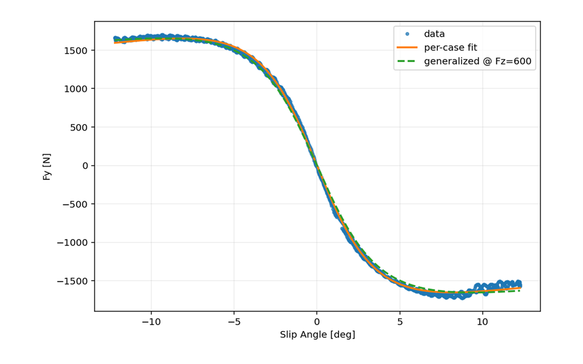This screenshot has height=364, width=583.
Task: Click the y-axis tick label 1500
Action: pyautogui.click(x=76, y=51)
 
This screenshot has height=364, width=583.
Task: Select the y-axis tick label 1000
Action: pyautogui.click(x=76, y=89)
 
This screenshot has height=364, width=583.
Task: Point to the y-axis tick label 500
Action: pyautogui.click(x=79, y=127)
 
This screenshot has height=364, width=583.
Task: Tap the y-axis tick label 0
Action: pyautogui.click(x=85, y=166)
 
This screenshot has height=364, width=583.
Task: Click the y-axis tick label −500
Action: pyautogui.click(x=75, y=204)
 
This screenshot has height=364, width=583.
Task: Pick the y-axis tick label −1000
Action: pyautogui.click(x=73, y=243)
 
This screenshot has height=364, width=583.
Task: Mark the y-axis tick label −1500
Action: pyautogui.click(x=73, y=281)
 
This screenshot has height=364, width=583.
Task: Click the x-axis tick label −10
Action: pyautogui.click(x=151, y=322)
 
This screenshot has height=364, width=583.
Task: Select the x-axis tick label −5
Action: pyautogui.click(x=234, y=322)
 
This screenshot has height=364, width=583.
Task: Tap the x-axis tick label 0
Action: pyautogui.click(x=317, y=322)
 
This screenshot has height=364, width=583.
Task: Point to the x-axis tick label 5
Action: pyautogui.click(x=400, y=322)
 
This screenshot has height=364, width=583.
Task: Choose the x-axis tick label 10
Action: pyautogui.click(x=482, y=322)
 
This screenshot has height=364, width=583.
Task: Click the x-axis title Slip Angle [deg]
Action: pyautogui.click(x=317, y=335)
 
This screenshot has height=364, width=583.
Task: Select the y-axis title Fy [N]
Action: pyautogui.click(x=47, y=166)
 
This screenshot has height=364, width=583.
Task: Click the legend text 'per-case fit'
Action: pyautogui.click(x=450, y=48)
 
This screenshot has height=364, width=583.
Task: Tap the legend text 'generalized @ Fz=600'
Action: pyautogui.click(x=477, y=61)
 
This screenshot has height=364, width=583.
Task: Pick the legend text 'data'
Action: pyautogui.click(x=434, y=34)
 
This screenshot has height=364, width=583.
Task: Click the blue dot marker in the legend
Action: pyautogui.click(x=407, y=34)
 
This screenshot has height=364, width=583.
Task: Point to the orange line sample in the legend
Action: pyautogui.click(x=407, y=47)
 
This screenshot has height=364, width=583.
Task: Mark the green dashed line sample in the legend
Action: pyautogui.click(x=407, y=61)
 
